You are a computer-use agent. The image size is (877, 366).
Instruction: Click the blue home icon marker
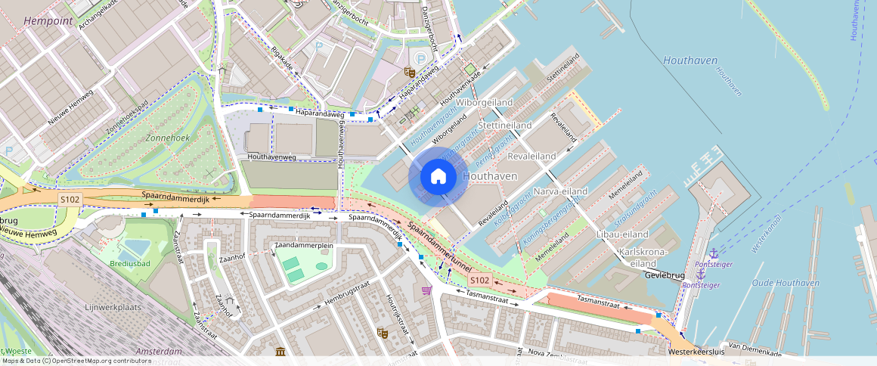click(x=438, y=177)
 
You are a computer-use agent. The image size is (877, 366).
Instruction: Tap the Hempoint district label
click(x=48, y=21)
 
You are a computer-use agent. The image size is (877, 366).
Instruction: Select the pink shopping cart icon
click(x=427, y=290)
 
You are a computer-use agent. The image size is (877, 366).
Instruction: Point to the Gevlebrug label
click(x=665, y=275)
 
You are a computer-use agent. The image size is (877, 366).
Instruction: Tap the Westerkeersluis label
click(x=696, y=352)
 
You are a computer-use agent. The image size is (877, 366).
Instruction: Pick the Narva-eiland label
click(x=560, y=191)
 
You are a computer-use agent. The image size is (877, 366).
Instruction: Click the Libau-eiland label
click(x=623, y=234)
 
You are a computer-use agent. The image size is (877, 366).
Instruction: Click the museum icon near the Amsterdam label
click(x=280, y=352)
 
